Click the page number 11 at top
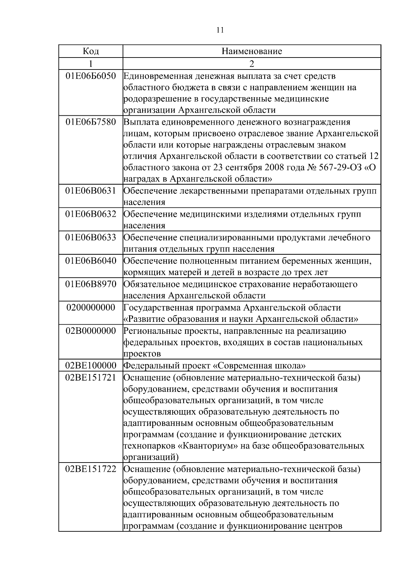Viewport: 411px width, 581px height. coord(220,30)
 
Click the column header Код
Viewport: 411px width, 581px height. coord(91,51)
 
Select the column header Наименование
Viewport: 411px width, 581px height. coord(252,51)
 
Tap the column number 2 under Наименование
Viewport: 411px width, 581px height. coord(252,64)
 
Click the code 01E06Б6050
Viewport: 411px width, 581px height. coord(91,76)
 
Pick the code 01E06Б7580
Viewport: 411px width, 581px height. coord(91,122)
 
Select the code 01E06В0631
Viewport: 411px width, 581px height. coord(91,191)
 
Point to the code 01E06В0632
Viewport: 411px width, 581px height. coord(91,214)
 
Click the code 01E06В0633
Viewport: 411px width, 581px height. coord(91,238)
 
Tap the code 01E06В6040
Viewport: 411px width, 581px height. coord(91,261)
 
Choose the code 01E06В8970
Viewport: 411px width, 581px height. coord(91,284)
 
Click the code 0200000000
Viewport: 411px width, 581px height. coord(91,307)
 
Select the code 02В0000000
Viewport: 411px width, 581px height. coord(91,331)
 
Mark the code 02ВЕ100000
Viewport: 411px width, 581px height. coord(91,366)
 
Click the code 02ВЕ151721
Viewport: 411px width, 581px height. coord(91,378)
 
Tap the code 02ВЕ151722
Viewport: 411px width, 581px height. coord(91,469)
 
